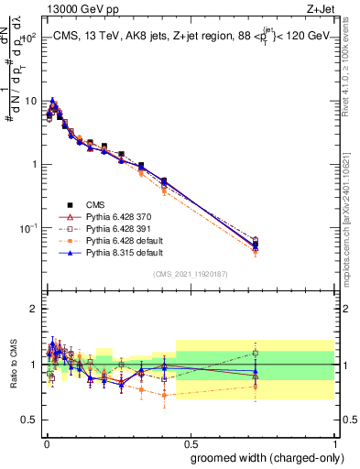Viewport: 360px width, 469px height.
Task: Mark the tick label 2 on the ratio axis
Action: pos(34,309)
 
